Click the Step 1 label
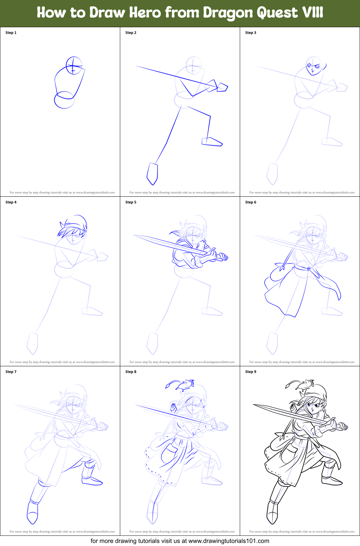point(11,33)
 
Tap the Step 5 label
point(131,202)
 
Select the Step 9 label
point(251,372)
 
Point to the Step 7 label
point(11,372)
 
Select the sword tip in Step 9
point(253,404)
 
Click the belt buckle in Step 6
point(309,269)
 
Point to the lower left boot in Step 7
point(32,512)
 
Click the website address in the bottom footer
point(229,541)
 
